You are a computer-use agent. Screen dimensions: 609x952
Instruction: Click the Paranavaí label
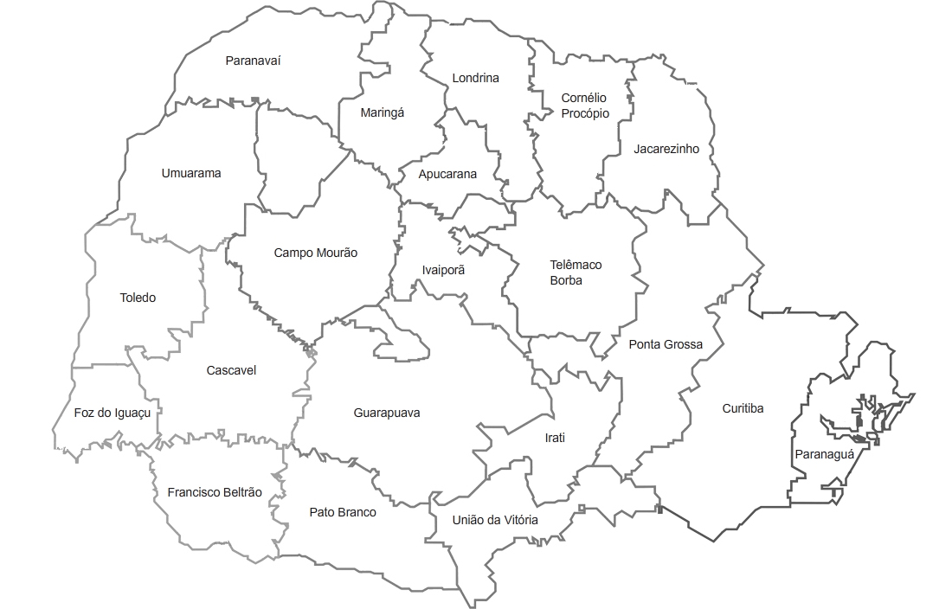pyautogui.click(x=253, y=61)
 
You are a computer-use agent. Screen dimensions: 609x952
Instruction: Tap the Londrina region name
pyautogui.click(x=475, y=79)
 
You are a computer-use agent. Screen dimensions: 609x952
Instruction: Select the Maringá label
pyautogui.click(x=383, y=112)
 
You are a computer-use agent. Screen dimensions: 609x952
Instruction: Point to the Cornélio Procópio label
pyautogui.click(x=584, y=106)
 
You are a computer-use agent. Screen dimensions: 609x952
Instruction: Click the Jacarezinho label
pyautogui.click(x=666, y=149)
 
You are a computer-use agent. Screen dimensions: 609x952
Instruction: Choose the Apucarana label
pyautogui.click(x=447, y=174)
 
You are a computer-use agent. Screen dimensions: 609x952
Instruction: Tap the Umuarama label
pyautogui.click(x=190, y=173)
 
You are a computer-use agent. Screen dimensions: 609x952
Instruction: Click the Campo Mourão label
pyautogui.click(x=315, y=253)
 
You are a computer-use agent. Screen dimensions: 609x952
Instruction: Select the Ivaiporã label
pyautogui.click(x=443, y=270)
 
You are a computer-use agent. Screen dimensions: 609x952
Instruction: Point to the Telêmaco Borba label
pyautogui.click(x=576, y=272)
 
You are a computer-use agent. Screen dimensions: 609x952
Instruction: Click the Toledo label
pyautogui.click(x=138, y=298)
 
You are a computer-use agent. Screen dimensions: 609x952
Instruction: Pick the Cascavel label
pyautogui.click(x=231, y=371)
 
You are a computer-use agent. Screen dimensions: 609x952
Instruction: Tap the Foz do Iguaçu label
pyautogui.click(x=113, y=413)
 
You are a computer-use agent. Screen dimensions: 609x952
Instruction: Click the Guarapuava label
pyautogui.click(x=387, y=413)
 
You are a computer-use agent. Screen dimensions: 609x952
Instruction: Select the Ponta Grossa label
pyautogui.click(x=665, y=344)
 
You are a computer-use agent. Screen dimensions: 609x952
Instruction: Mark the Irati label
pyautogui.click(x=554, y=438)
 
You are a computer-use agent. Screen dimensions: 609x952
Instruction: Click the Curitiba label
pyautogui.click(x=743, y=409)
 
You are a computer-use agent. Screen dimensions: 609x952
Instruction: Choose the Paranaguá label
pyautogui.click(x=823, y=454)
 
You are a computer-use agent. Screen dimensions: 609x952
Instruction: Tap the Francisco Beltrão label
pyautogui.click(x=214, y=492)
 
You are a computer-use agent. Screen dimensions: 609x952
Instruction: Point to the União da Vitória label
pyautogui.click(x=494, y=520)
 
